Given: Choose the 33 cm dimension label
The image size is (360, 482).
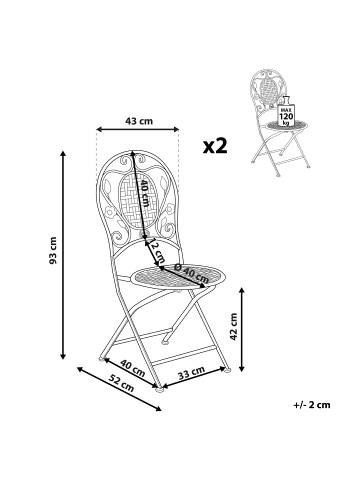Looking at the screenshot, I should point(192,372).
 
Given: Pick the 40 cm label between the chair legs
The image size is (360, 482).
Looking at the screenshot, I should point(127,367).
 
